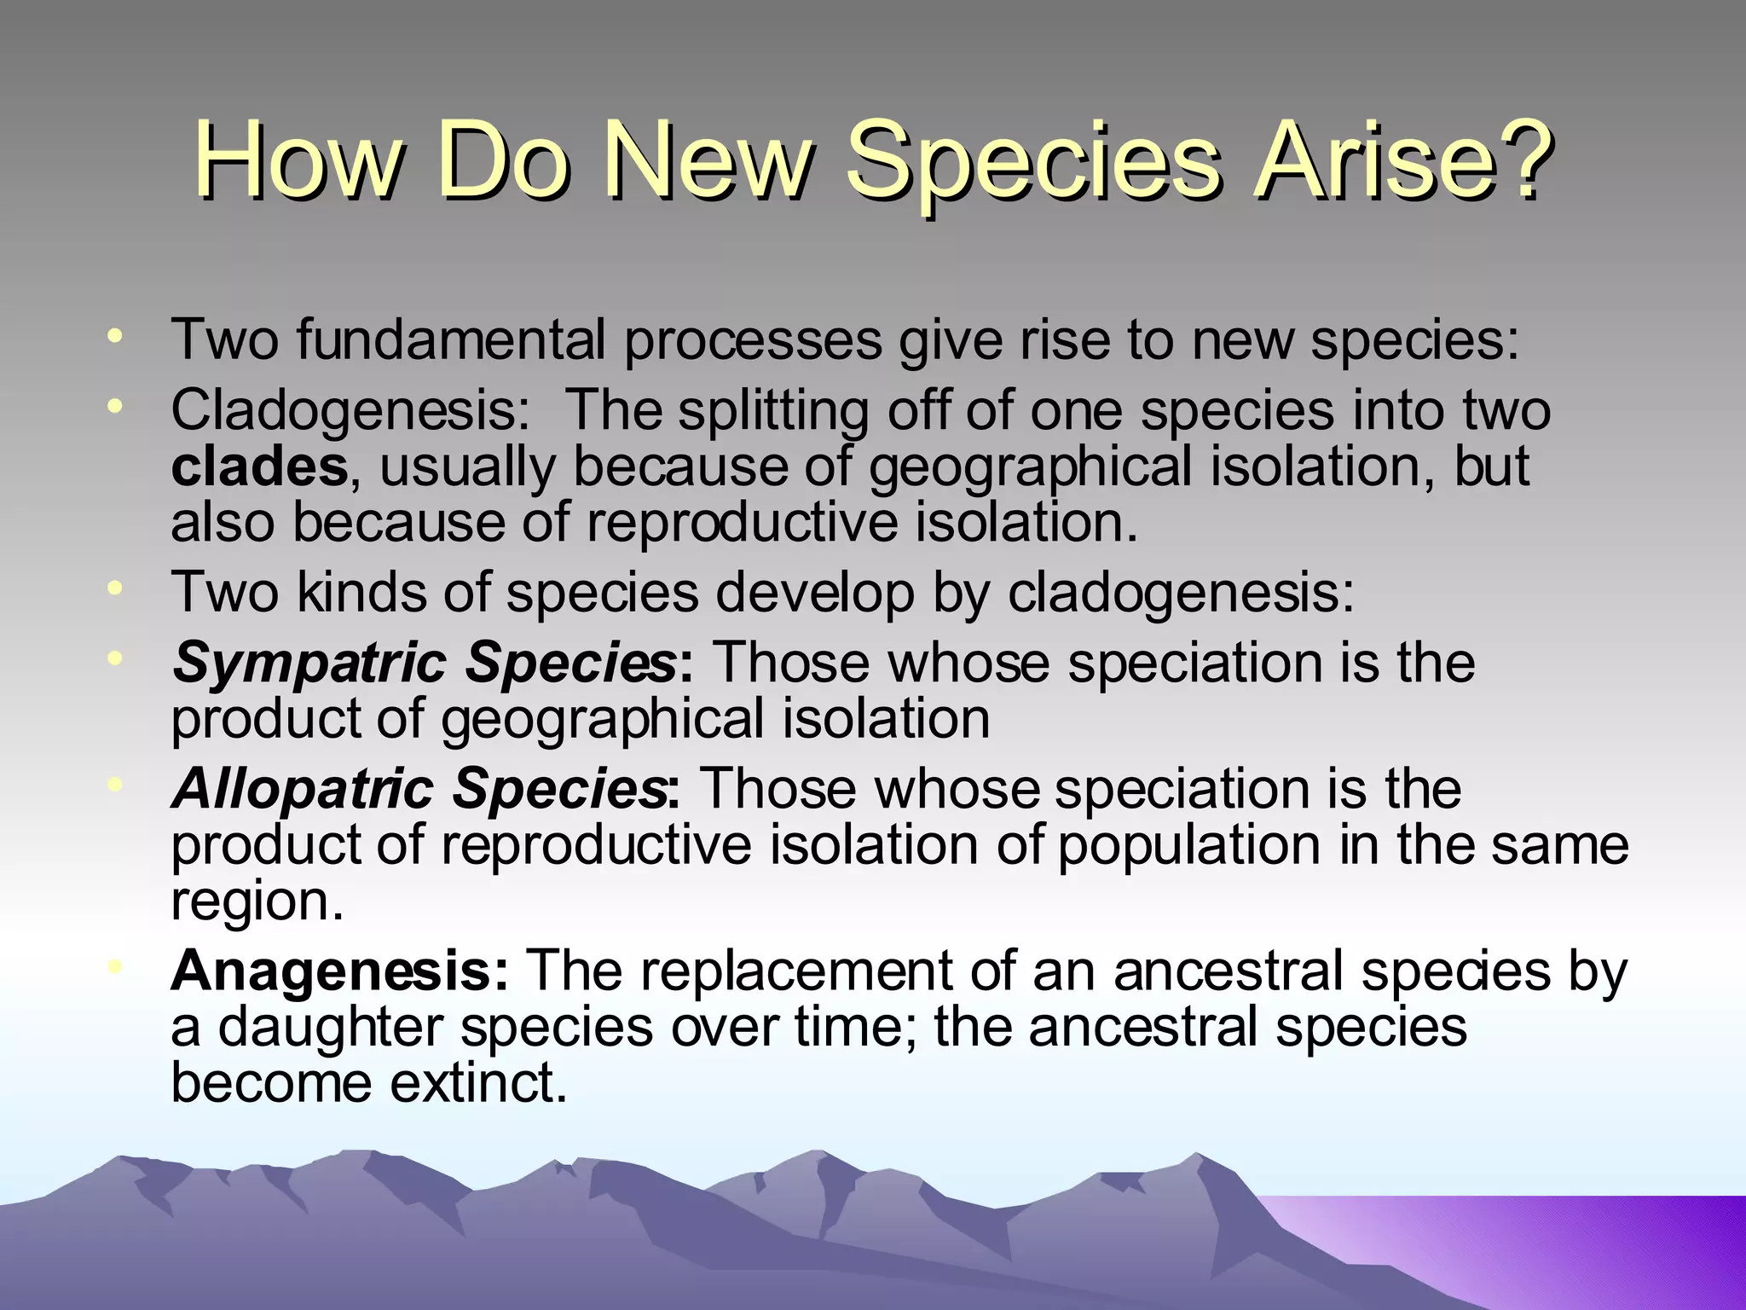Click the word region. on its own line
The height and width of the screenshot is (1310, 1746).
(257, 902)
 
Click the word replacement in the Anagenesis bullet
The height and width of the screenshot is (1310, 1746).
(783, 971)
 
